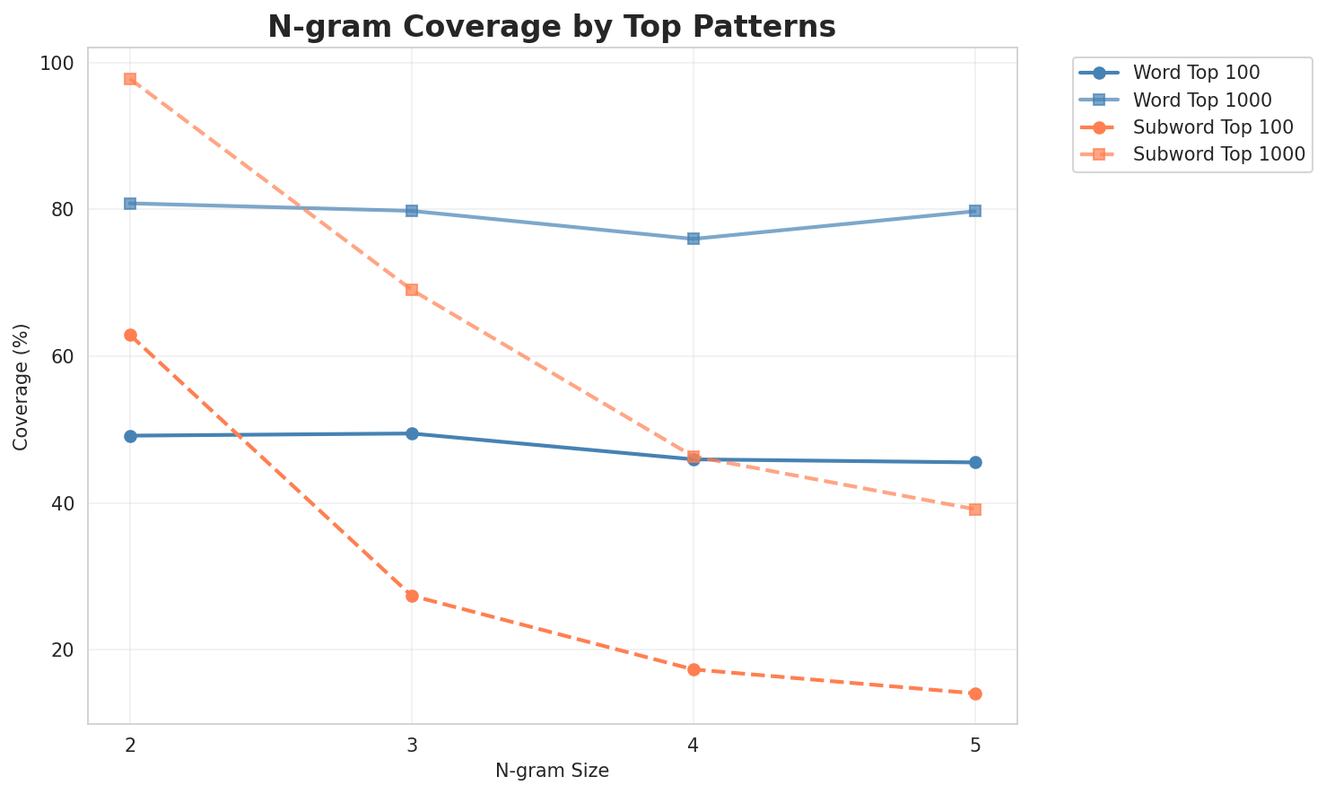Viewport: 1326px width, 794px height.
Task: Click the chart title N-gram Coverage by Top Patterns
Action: click(x=552, y=26)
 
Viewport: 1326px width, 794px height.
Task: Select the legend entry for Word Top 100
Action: click(x=1198, y=72)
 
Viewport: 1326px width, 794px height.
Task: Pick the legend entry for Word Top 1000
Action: click(x=1202, y=99)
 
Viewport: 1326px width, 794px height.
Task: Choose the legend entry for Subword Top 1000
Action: click(x=1218, y=153)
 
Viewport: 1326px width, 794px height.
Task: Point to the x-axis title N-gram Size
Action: click(x=552, y=771)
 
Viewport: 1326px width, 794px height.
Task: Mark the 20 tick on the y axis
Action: click(x=63, y=650)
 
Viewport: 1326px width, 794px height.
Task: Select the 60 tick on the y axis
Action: click(x=63, y=356)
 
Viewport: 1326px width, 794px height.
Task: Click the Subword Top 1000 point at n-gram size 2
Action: click(x=130, y=79)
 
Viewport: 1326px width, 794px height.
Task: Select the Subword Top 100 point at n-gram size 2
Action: click(x=130, y=335)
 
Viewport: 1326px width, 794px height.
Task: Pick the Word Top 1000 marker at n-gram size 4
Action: click(x=694, y=239)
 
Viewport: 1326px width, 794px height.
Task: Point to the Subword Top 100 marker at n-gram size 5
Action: click(x=975, y=694)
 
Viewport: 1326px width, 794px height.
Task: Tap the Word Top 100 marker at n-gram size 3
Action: click(x=412, y=433)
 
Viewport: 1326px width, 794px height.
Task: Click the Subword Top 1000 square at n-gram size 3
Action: click(x=412, y=290)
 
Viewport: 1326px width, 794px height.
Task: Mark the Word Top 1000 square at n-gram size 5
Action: click(x=975, y=211)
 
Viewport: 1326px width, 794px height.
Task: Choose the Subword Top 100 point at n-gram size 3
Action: click(x=412, y=596)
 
